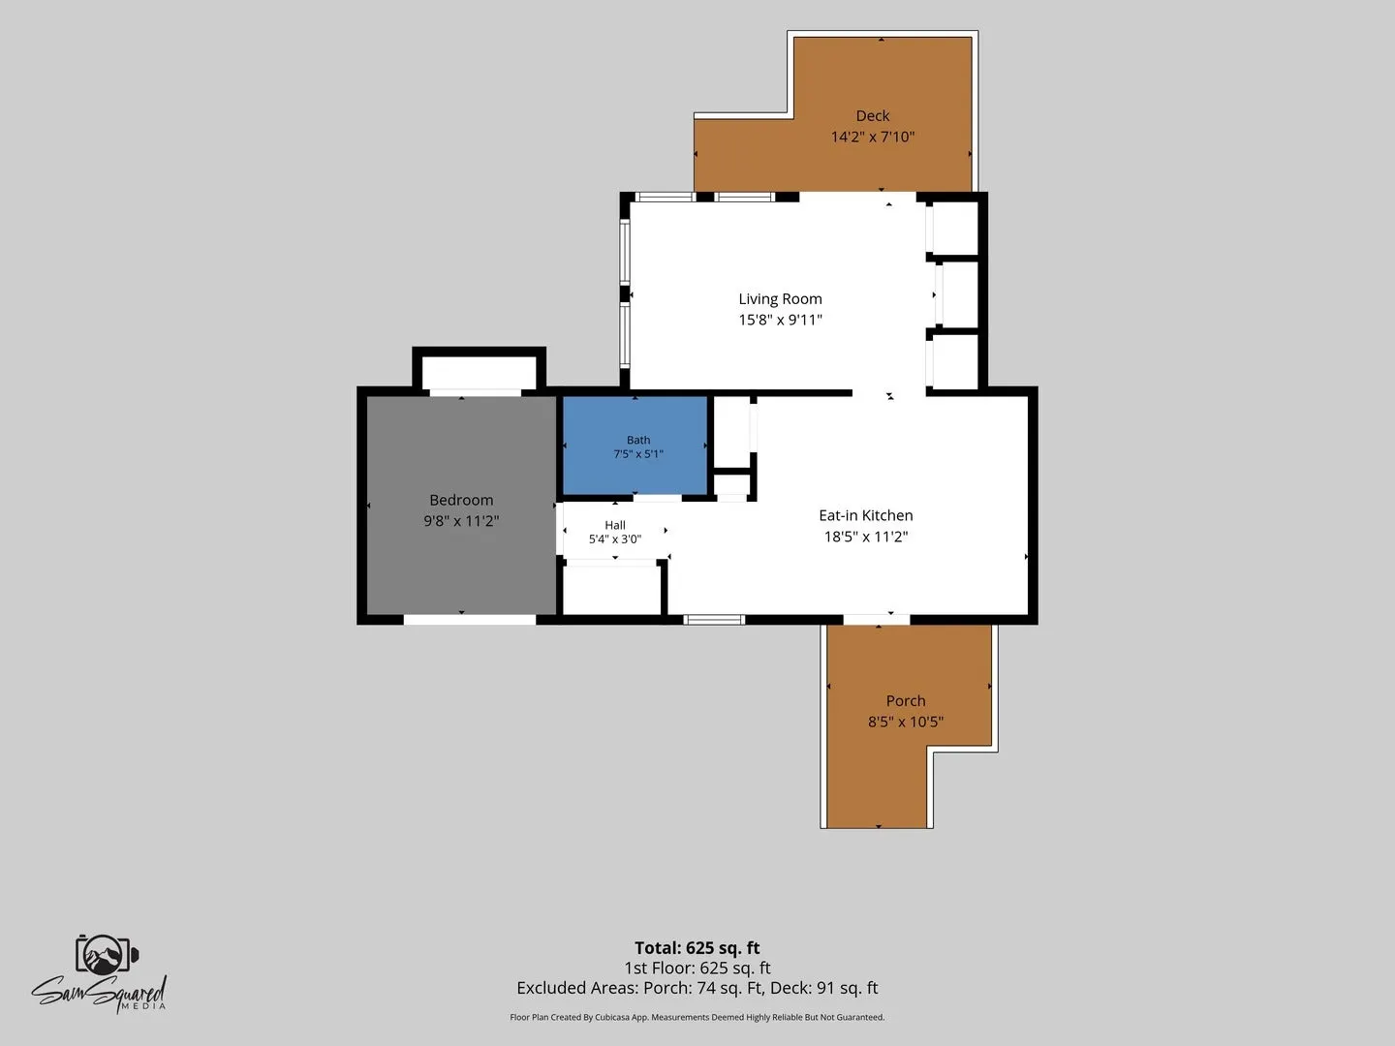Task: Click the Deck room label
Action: (872, 115)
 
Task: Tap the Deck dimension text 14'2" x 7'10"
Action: (873, 137)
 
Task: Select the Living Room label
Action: (780, 299)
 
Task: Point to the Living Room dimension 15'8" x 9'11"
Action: (780, 320)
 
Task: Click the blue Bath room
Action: (635, 446)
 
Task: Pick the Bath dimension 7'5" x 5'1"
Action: (638, 454)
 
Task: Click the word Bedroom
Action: (461, 500)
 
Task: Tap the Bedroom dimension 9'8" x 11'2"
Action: (461, 521)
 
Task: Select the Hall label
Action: (614, 525)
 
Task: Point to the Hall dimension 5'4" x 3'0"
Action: (614, 539)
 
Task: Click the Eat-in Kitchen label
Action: (866, 515)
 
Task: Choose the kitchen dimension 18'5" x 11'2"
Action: (866, 537)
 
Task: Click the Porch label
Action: (906, 700)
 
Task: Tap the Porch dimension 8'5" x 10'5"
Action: (906, 722)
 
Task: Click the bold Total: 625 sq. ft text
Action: (697, 947)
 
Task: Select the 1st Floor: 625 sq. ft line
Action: (697, 968)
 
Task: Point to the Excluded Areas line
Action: (697, 988)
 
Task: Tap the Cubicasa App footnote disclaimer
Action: (697, 1017)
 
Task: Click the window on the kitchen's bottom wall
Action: (714, 619)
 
